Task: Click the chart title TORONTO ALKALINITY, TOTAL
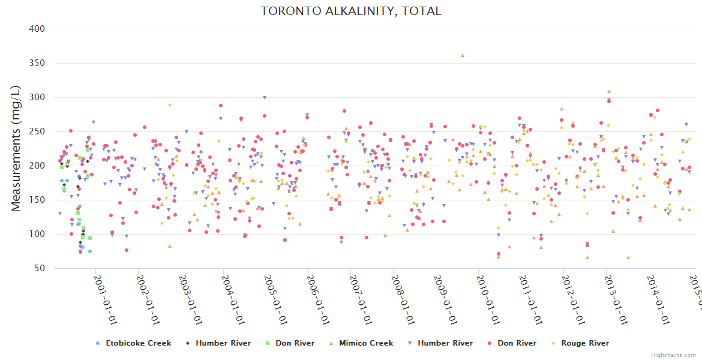(351, 11)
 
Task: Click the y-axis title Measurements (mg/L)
(16, 149)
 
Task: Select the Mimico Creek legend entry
(365, 343)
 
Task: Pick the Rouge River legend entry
(584, 343)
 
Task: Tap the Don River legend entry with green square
(295, 343)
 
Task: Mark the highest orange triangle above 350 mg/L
(462, 55)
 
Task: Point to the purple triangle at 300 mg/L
(265, 97)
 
